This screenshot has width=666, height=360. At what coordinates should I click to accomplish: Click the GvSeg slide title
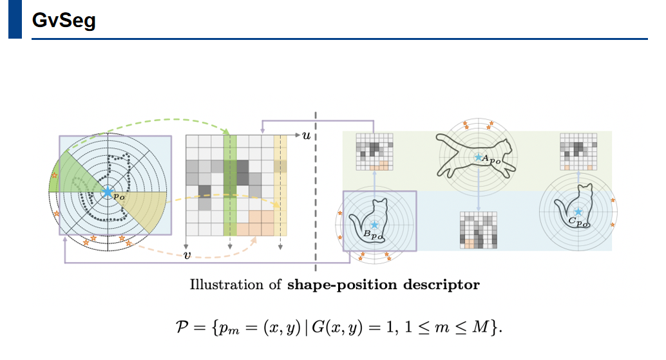64,21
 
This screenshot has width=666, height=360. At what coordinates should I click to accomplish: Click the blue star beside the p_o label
107,192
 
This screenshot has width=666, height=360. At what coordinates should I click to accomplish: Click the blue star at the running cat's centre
477,157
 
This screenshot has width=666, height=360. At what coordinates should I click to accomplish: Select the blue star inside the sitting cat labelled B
374,225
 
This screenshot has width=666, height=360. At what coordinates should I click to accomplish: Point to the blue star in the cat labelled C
578,212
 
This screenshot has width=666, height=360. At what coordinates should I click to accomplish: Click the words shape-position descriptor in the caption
383,285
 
